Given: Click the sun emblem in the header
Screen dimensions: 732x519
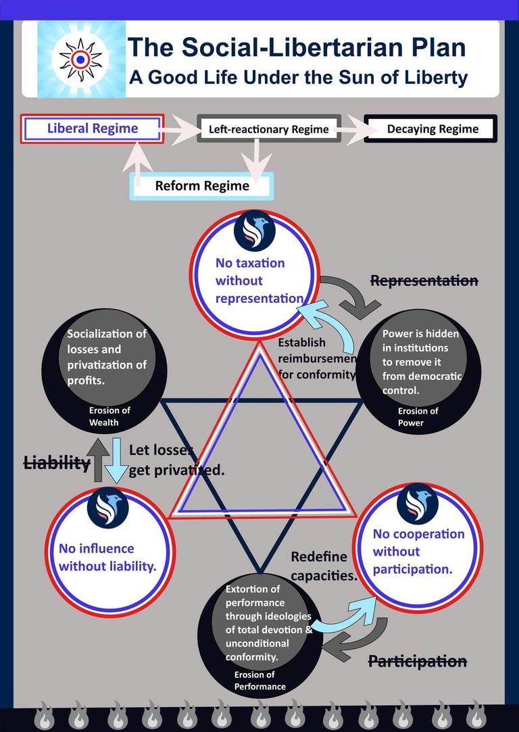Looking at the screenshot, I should tap(80, 59).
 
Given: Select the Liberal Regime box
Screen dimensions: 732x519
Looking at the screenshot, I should tap(93, 128).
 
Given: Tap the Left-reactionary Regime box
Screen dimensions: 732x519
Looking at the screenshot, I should tap(268, 129).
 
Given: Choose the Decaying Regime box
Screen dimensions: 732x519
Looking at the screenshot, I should tap(432, 128).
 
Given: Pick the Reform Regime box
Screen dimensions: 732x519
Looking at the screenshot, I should tap(202, 186).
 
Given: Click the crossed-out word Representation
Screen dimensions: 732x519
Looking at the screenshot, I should tap(424, 280).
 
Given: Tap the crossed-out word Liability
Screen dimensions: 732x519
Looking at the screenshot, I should tap(57, 463).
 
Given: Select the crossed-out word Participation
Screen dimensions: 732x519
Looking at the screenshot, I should tap(417, 661).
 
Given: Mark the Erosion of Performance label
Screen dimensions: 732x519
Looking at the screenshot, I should tap(259, 681).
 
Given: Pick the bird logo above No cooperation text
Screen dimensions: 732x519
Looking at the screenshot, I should tap(417, 504).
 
